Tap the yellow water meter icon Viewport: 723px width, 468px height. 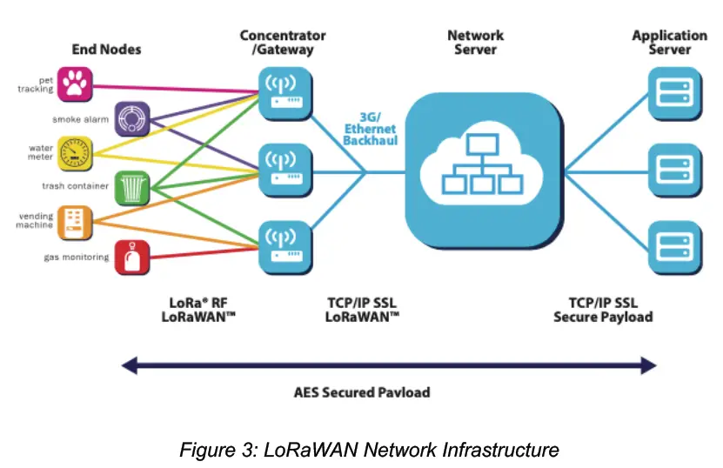76,152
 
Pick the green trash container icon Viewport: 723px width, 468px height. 132,185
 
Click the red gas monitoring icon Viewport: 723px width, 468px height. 132,256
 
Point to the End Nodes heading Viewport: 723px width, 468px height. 105,50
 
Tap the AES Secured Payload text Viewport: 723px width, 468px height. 361,392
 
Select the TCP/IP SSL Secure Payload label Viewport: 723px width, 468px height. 602,311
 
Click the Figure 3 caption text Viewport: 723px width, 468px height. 369,450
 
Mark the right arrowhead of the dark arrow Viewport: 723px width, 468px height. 647,366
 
